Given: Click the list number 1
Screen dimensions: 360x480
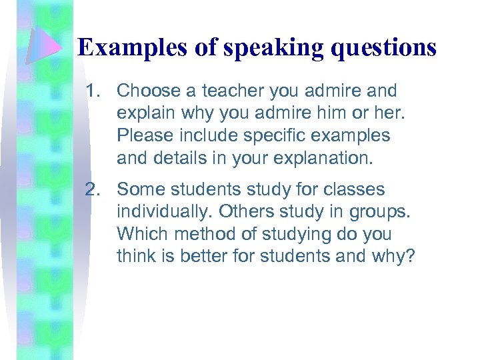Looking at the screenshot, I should (93, 91).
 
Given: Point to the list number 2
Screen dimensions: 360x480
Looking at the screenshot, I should (93, 190).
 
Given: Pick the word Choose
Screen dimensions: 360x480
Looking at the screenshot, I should (146, 91).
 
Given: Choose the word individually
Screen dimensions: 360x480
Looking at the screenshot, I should (164, 213).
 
